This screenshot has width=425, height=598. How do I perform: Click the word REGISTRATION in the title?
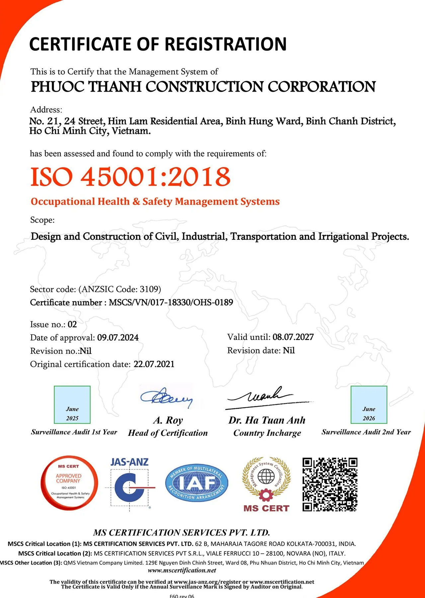[x=225, y=44]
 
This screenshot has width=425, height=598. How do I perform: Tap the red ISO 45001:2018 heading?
[x=130, y=176]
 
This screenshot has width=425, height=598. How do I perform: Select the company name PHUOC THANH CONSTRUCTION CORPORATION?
[x=203, y=87]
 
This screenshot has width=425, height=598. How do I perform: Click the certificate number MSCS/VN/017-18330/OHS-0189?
[x=171, y=302]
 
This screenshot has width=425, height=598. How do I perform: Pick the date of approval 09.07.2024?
[x=118, y=338]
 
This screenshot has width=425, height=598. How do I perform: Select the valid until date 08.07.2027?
[x=293, y=337]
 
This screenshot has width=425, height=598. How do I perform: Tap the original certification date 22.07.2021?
[x=154, y=364]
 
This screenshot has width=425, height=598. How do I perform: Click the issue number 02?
[x=72, y=324]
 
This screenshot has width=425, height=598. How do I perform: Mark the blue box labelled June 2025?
[x=72, y=405]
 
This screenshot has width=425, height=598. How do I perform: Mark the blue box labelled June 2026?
[x=369, y=405]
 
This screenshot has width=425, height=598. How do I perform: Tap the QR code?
[x=330, y=484]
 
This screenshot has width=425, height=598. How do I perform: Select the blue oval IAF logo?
[x=197, y=483]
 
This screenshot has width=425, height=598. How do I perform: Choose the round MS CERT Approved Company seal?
[x=69, y=483]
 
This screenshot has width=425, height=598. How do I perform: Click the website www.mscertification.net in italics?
[x=182, y=570]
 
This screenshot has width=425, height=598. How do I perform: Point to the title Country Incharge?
[x=267, y=433]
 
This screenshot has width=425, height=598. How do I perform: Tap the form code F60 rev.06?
[x=182, y=596]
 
